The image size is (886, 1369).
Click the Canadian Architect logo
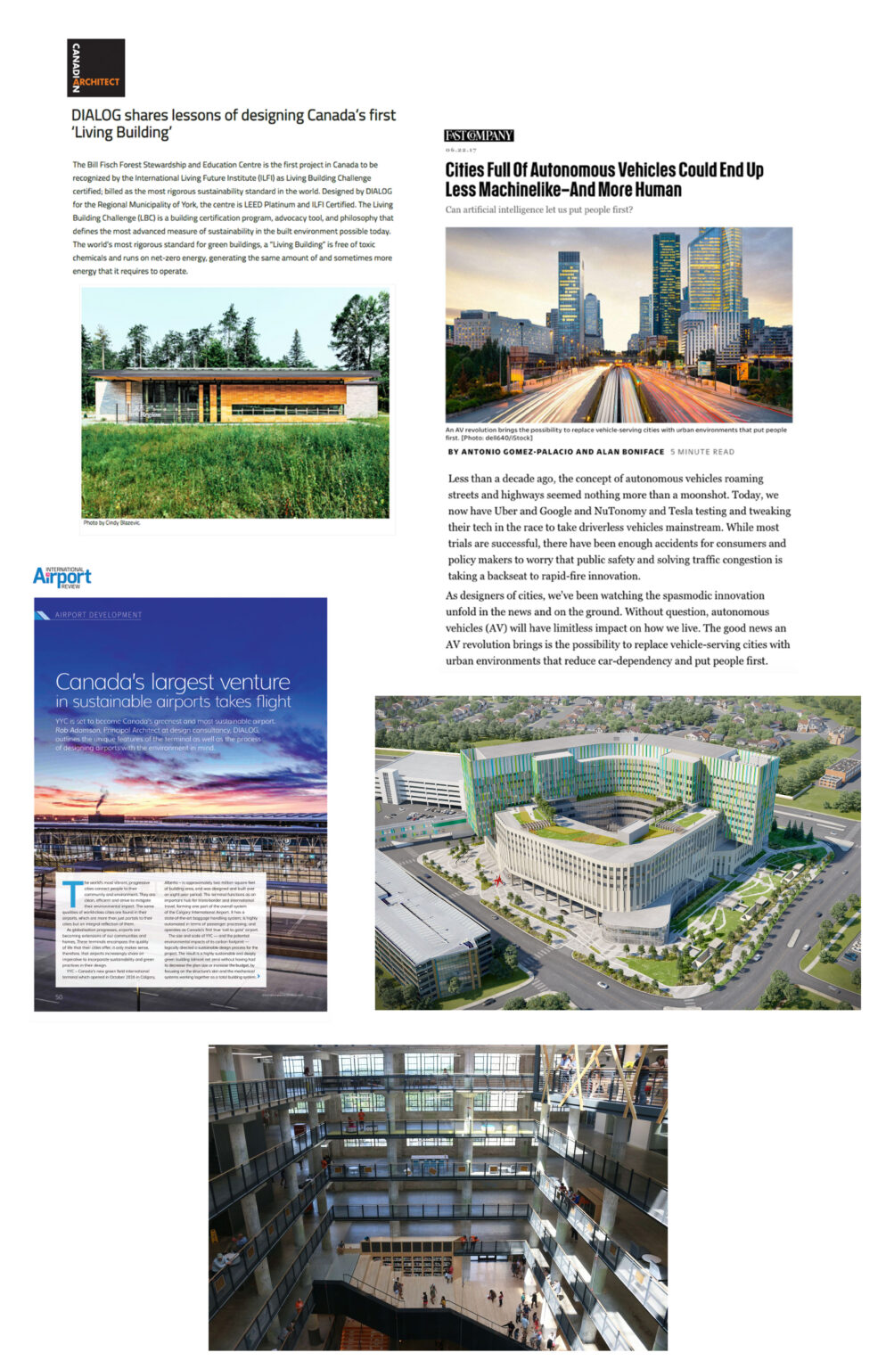(x=95, y=68)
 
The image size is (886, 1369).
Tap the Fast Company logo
(x=479, y=135)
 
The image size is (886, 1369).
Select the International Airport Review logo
(x=62, y=577)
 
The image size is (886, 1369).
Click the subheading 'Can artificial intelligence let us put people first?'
(x=538, y=210)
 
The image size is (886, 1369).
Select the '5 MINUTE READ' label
(x=702, y=452)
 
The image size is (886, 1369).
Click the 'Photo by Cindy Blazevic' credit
(x=111, y=523)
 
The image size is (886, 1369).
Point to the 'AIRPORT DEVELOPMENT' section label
(x=98, y=615)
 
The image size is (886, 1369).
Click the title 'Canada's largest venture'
(x=173, y=682)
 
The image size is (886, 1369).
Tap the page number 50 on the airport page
(x=59, y=997)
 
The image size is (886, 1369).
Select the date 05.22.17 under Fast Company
(x=461, y=150)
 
